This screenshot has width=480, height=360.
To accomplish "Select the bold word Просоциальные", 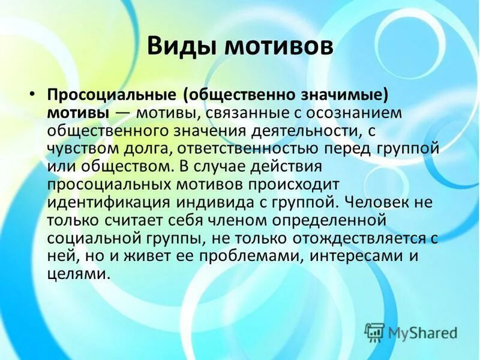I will (112, 96).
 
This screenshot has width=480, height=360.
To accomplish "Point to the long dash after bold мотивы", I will (122, 113).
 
